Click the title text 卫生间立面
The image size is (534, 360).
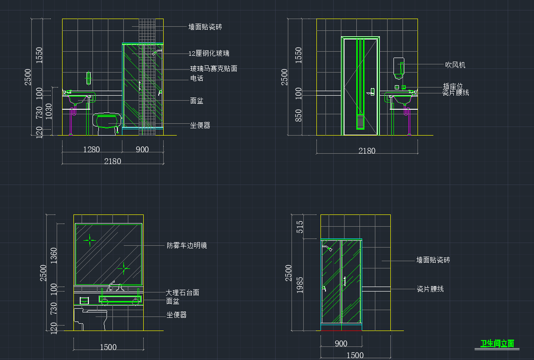click(x=497, y=344)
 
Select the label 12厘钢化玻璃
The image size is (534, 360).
click(x=209, y=54)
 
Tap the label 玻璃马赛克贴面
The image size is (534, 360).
click(x=213, y=69)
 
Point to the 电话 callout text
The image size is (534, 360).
click(x=197, y=78)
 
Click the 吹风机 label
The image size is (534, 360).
click(x=455, y=65)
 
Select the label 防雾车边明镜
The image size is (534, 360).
click(x=187, y=245)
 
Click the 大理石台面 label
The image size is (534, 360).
click(x=182, y=292)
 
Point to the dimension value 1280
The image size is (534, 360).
click(x=91, y=150)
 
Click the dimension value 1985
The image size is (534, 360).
click(x=300, y=285)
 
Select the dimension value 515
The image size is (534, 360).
click(x=300, y=227)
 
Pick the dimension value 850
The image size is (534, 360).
click(x=298, y=116)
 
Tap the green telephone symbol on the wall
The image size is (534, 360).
click(x=89, y=78)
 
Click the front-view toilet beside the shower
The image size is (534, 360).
click(x=107, y=122)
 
